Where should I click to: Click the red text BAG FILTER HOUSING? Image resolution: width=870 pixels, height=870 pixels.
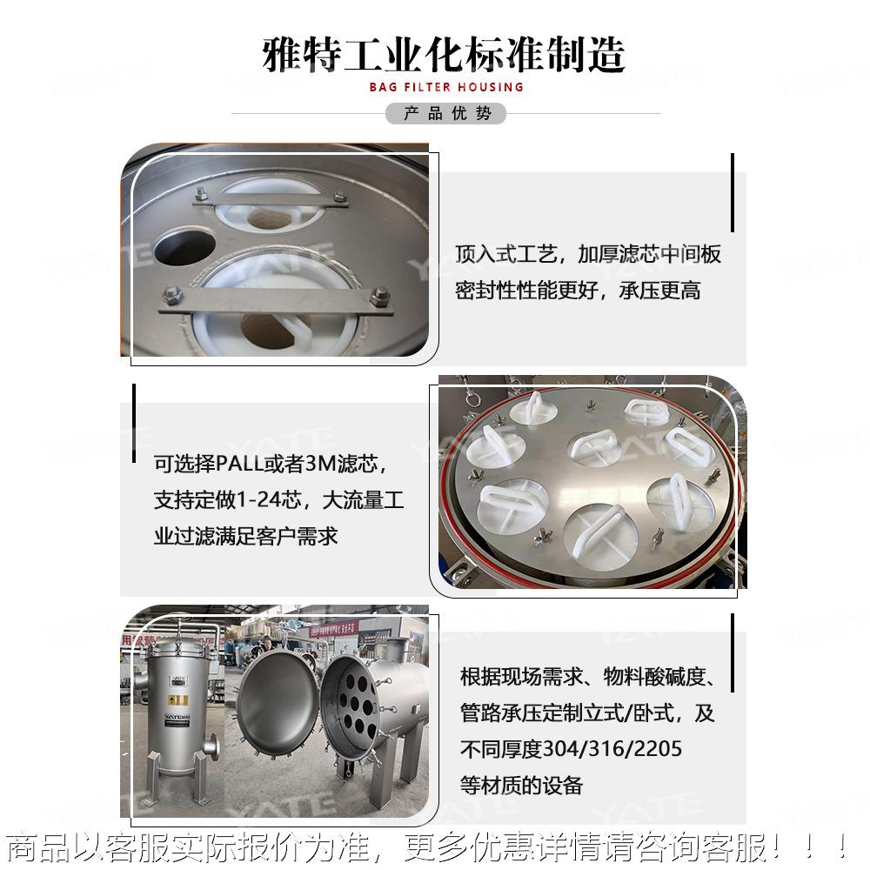[x=446, y=87]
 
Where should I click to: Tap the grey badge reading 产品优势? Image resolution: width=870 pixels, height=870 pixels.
[x=446, y=114]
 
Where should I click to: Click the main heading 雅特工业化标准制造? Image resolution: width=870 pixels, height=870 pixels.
[x=444, y=54]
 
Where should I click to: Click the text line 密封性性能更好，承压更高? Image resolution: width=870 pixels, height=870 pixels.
[x=578, y=291]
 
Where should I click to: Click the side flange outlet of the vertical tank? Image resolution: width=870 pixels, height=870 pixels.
[x=212, y=746]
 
